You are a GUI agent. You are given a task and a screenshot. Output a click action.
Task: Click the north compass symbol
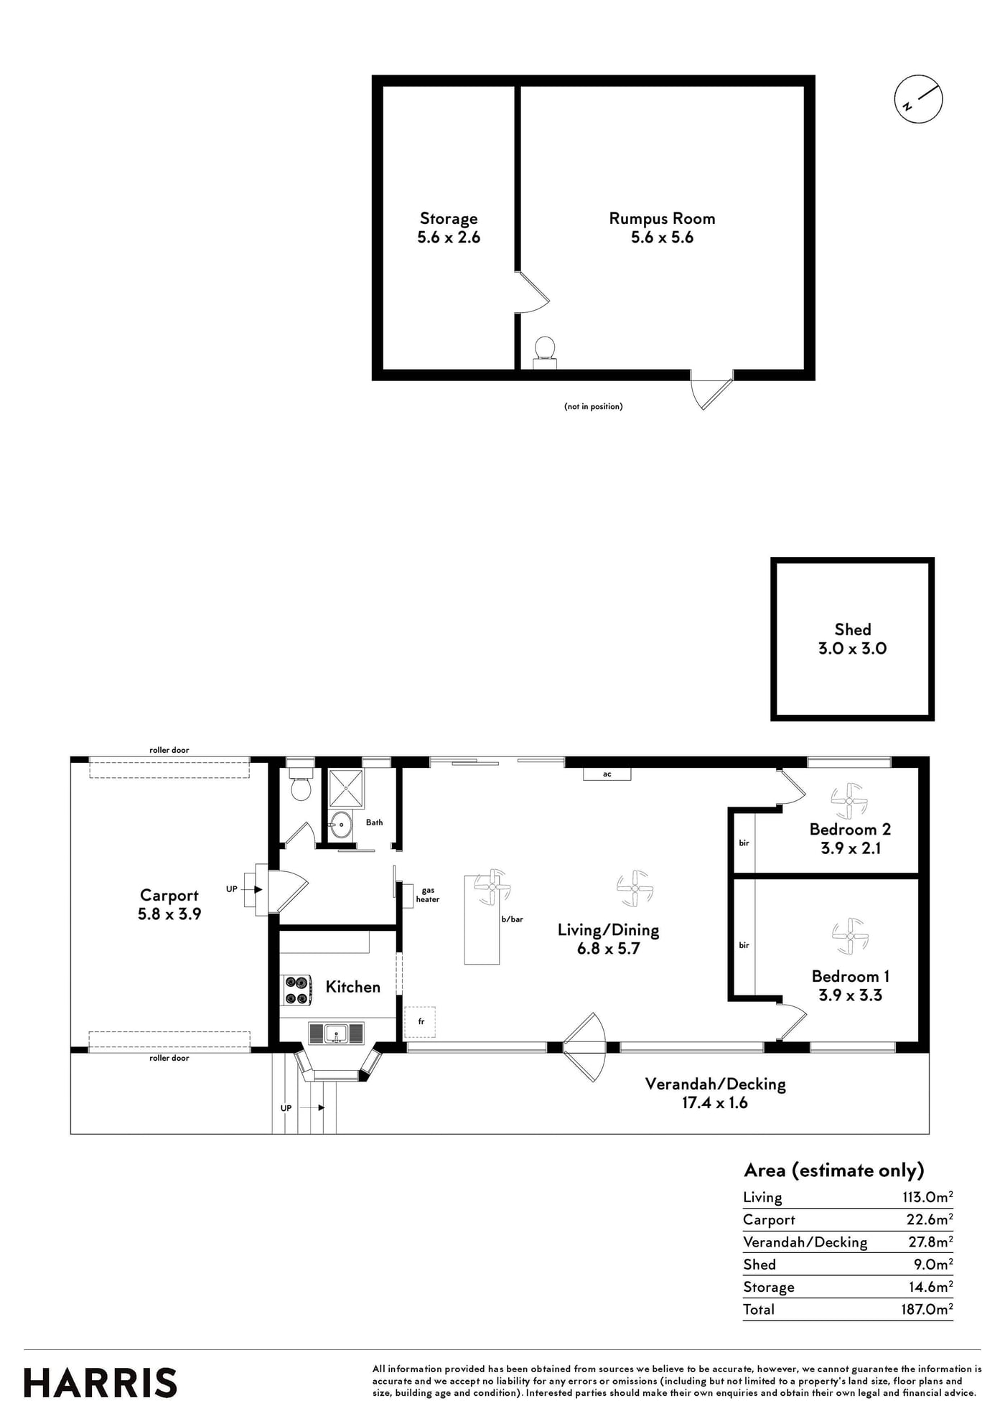918,99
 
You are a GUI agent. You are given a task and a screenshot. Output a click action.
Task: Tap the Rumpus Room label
662,218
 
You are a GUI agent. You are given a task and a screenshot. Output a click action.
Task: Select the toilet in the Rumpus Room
545,352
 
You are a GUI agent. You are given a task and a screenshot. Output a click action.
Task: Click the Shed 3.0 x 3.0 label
852,639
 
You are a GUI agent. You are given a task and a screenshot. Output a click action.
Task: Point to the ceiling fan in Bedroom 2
850,801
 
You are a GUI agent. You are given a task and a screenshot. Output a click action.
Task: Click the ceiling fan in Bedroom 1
850,936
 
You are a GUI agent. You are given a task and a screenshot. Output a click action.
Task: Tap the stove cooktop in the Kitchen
296,990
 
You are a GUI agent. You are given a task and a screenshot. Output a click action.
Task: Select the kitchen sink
336,1033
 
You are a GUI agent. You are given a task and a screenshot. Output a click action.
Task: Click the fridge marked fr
420,1021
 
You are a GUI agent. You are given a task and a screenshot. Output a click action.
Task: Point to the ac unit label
607,774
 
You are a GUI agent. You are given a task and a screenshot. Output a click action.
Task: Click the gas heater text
428,895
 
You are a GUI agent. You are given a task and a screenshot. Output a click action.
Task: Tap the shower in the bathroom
346,787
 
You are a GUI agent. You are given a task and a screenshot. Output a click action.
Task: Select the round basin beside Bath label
341,825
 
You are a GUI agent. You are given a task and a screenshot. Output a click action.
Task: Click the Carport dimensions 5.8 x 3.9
169,914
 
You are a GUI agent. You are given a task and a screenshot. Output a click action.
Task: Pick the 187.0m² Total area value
927,1308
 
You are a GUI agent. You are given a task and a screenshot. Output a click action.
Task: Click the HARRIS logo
100,1383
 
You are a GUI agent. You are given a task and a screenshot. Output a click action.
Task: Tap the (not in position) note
593,406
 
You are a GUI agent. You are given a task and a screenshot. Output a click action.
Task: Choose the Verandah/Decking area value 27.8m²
930,1241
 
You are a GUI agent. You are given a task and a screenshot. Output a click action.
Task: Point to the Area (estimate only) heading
834,1171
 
